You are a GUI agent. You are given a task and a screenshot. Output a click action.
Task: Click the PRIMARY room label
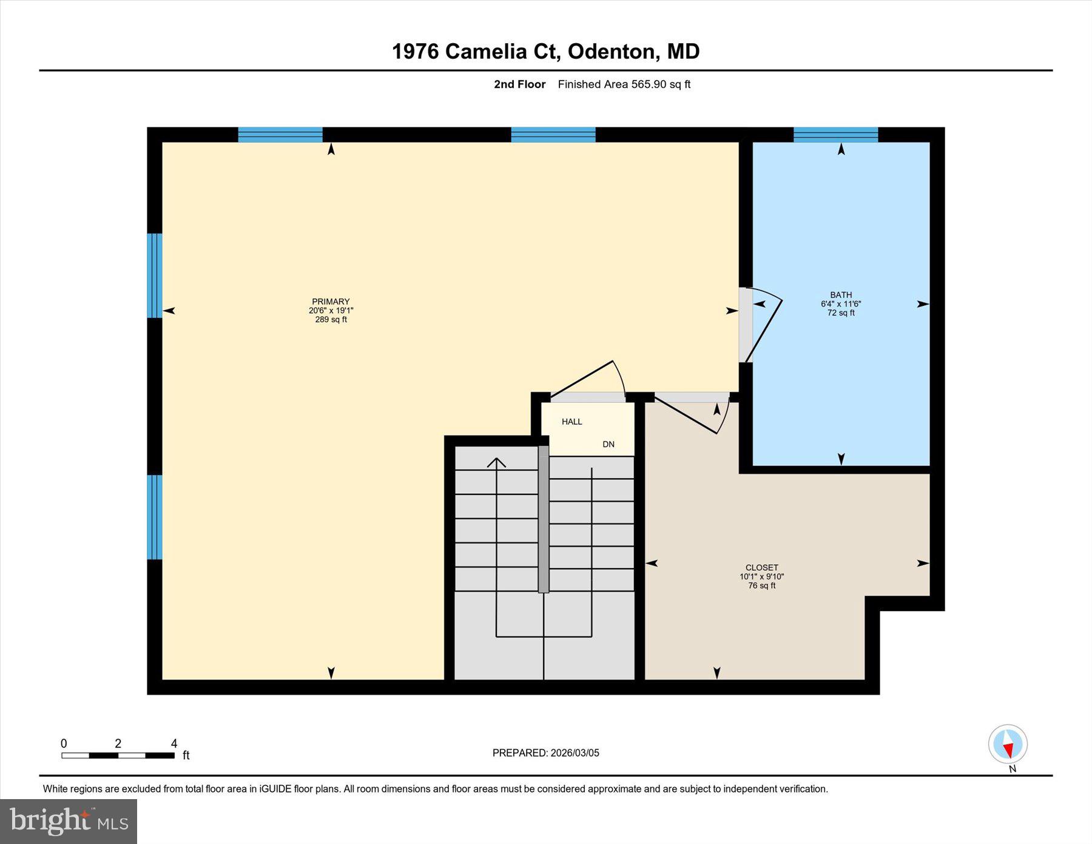(x=331, y=302)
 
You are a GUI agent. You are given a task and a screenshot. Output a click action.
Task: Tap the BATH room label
(x=841, y=295)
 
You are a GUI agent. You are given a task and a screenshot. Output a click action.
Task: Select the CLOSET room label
(x=761, y=568)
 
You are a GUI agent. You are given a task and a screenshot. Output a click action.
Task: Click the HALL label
(x=571, y=422)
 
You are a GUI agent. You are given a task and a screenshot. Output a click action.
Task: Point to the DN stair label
(x=608, y=444)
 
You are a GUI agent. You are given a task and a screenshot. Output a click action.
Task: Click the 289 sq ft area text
(x=331, y=320)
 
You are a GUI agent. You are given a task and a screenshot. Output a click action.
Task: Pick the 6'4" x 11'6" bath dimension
(x=841, y=304)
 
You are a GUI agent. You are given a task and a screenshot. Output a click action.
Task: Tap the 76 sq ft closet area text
(x=761, y=586)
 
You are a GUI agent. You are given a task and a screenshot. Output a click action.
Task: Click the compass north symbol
(x=1008, y=744)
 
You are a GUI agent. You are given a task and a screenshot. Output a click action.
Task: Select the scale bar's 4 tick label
(x=174, y=743)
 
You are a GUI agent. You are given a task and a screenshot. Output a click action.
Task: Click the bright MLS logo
(x=69, y=822)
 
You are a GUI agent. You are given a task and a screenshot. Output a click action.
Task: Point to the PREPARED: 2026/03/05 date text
(x=545, y=753)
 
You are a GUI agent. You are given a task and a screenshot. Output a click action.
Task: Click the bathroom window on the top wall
(x=835, y=135)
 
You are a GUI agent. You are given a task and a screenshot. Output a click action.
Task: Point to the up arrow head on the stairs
(x=496, y=462)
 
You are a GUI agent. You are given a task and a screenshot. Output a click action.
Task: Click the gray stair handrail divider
(x=544, y=519)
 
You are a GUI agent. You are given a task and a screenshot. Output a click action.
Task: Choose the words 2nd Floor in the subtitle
(x=519, y=84)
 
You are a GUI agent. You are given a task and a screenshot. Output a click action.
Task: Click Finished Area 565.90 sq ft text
(x=624, y=84)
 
